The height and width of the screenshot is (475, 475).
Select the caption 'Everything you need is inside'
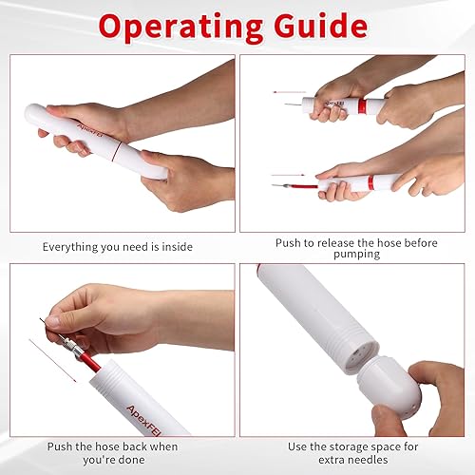pyautogui.click(x=117, y=246)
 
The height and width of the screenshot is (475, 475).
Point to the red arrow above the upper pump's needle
pyautogui.click(x=289, y=91)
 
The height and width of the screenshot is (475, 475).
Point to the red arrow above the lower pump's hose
pyautogui.click(x=289, y=174)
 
